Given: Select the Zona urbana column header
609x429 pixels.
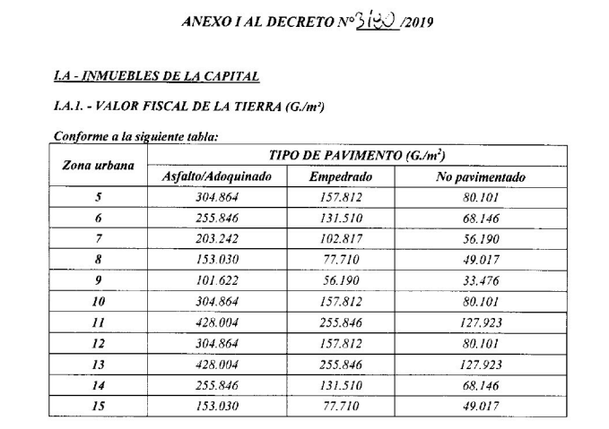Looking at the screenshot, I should point(98,166).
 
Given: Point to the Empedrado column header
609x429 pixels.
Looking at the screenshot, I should point(340,177).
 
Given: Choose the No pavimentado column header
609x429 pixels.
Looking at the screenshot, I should point(480,177).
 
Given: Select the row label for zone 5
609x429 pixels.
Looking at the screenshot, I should point(98,198).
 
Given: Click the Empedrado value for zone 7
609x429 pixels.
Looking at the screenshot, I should point(340,239).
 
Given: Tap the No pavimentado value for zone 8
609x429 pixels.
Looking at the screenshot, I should point(480,260).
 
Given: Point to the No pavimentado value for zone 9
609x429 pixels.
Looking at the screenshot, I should point(480,280).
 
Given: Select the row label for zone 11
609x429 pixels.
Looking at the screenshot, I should point(98,322).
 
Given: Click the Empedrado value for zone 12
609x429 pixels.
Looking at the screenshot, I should point(340,343).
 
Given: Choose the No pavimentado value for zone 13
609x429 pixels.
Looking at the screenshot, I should point(480,365).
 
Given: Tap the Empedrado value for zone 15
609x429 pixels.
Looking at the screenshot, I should point(340,406).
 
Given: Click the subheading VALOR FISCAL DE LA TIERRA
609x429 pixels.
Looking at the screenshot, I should point(188,107).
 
